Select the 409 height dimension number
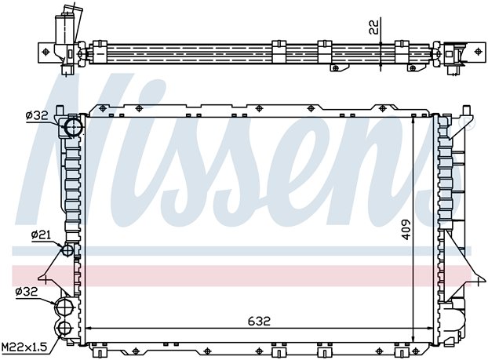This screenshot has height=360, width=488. pyautogui.click(x=406, y=227)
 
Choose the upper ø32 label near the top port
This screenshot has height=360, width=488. pyautogui.click(x=38, y=115)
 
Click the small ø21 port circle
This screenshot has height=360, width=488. pyautogui.click(x=67, y=250)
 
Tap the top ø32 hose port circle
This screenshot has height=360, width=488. pyautogui.click(x=75, y=126)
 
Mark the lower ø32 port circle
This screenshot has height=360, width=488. pyautogui.click(x=64, y=305)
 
